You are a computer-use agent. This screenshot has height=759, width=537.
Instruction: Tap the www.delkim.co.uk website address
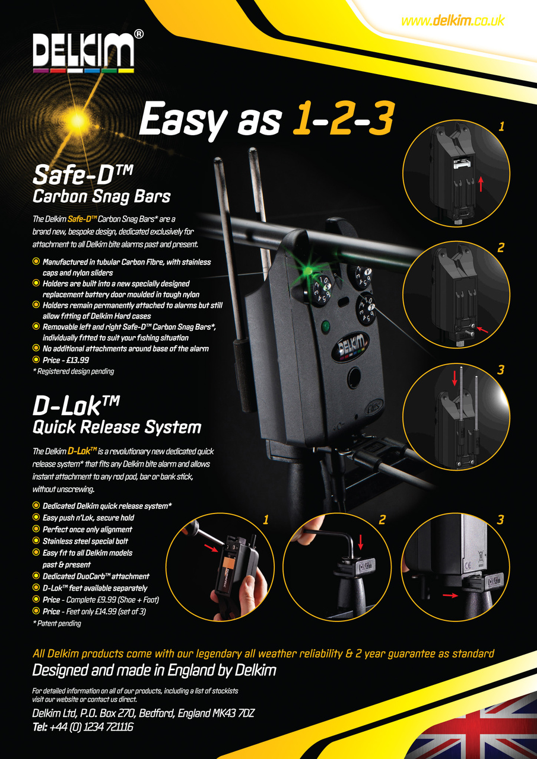click(x=452, y=21)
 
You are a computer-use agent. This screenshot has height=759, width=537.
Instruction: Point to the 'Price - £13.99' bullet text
click(x=66, y=360)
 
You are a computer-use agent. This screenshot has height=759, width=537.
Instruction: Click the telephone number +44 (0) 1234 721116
click(x=82, y=726)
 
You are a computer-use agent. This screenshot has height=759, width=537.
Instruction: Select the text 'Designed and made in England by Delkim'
click(x=154, y=671)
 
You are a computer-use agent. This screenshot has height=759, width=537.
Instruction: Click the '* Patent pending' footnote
click(x=57, y=623)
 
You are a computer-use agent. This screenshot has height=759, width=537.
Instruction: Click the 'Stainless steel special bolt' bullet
click(x=85, y=541)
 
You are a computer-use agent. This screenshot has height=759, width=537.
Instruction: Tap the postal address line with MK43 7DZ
click(x=143, y=713)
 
